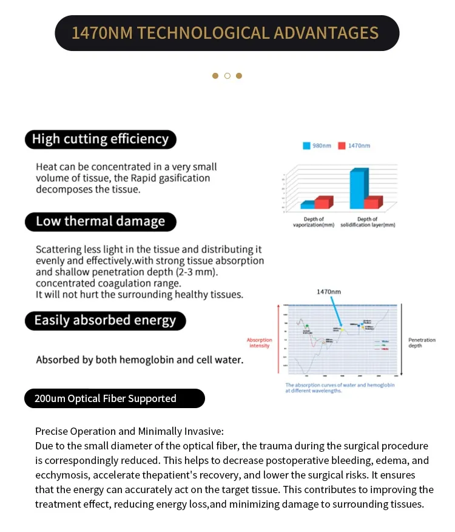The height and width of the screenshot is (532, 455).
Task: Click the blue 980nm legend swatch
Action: [307, 146]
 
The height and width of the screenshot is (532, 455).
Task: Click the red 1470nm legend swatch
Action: [342, 146]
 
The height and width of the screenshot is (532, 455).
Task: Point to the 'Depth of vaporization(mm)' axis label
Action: [313, 222]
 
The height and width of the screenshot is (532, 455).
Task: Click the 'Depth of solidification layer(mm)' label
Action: [368, 222]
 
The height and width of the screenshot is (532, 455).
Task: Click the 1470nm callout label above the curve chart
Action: [329, 292]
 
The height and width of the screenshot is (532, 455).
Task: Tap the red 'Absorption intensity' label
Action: [259, 343]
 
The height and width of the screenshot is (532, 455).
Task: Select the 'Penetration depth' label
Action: [422, 343]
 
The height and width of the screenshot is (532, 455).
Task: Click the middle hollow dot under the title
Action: [227, 76]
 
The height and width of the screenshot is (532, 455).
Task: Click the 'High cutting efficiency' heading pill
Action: [100, 139]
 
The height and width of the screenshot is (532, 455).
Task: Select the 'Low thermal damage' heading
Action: [100, 222]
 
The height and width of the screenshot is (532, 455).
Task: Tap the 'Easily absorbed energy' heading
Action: [105, 321]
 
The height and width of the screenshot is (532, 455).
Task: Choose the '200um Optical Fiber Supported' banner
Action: [115, 398]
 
